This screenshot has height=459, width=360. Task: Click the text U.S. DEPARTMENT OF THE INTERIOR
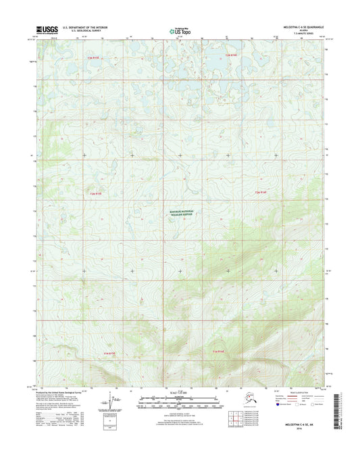pyautogui.click(x=89, y=27)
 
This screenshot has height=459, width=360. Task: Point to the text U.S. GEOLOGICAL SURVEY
pyautogui.click(x=84, y=31)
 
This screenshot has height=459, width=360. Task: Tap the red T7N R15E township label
pyautogui.click(x=94, y=59)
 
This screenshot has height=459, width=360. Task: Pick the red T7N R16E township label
pyautogui.click(x=231, y=54)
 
